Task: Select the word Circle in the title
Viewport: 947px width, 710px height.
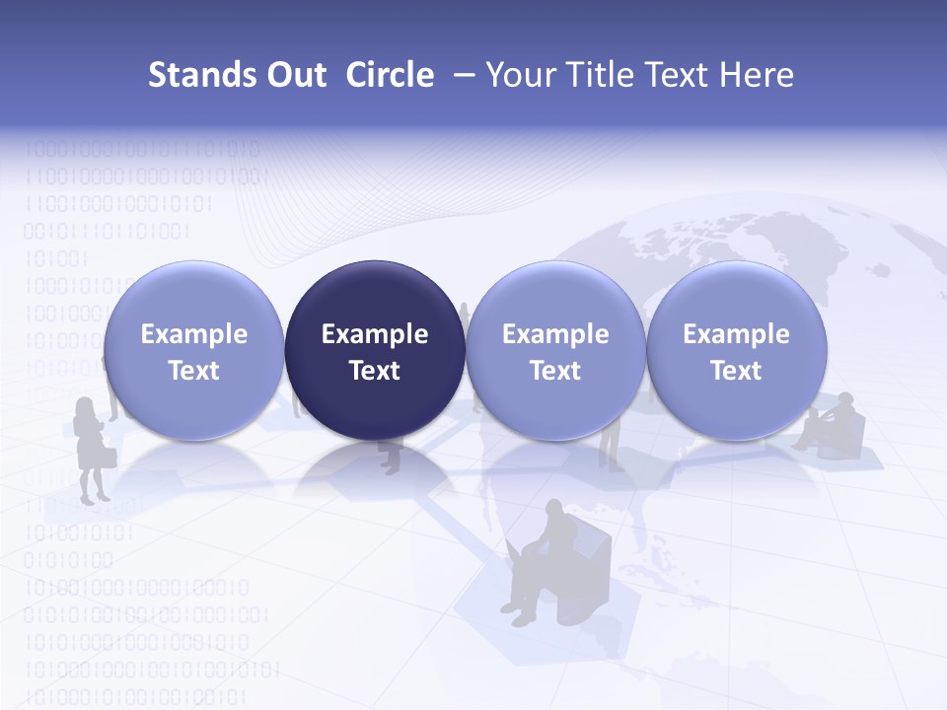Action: [390, 75]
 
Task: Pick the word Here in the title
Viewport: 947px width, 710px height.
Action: [756, 75]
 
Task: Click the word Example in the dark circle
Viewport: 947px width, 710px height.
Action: [375, 334]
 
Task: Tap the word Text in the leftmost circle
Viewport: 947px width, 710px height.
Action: [194, 371]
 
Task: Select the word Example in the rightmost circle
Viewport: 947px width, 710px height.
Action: [737, 334]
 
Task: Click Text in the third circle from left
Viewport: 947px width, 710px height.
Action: [555, 371]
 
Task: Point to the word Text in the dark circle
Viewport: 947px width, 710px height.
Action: [375, 371]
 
